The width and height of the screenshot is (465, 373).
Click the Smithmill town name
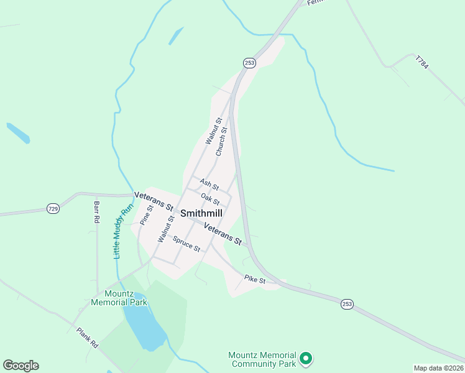coord(201,213)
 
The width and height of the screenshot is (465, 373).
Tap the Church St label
coord(221,142)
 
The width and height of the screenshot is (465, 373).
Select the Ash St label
coord(209,185)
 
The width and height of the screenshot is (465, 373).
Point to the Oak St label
coord(210,200)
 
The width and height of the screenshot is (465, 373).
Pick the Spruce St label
coord(186,244)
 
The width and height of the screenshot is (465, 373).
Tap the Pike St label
coord(255,280)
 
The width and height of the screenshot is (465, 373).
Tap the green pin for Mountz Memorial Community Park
coord(305,358)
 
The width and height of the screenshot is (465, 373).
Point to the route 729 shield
coord(53,209)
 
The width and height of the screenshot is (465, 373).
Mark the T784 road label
coord(422,63)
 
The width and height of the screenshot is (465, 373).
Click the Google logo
coord(21,366)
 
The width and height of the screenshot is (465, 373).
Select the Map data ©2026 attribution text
coord(438,368)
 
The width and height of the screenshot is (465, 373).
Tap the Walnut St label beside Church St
coord(213,131)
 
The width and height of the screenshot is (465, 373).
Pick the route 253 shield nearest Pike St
coord(347,304)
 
